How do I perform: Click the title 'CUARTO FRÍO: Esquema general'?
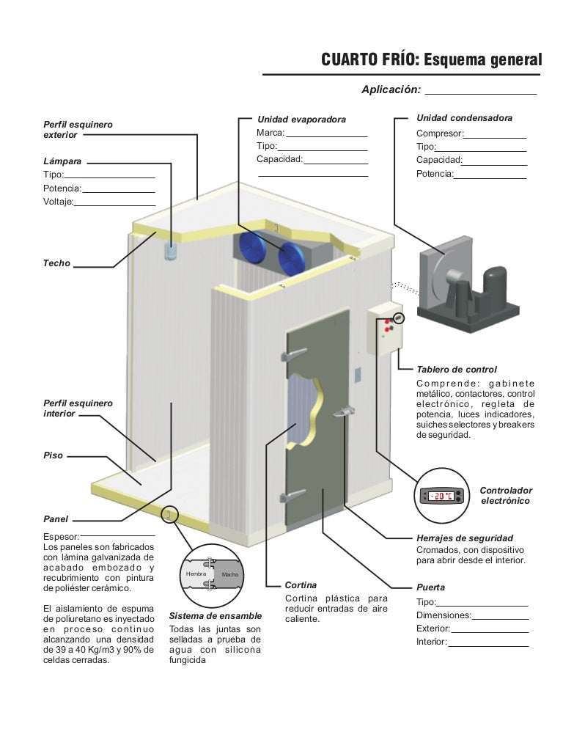point(431,59)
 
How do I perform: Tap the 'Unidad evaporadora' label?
point(301,119)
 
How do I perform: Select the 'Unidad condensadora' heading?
point(464,118)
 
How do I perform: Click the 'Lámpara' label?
point(63,160)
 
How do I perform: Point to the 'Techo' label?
point(56,263)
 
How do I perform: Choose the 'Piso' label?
point(54,455)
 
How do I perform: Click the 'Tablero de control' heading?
point(456,370)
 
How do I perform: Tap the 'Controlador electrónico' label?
point(506,495)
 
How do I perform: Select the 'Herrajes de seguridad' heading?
point(465,538)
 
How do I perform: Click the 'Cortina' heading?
point(301,585)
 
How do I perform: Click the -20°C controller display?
point(441,497)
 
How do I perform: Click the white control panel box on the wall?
point(384,330)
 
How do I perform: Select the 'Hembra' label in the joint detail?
point(196,573)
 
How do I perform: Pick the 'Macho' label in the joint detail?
point(230,574)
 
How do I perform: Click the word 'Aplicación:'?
point(391,89)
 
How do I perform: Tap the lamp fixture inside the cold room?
point(172,251)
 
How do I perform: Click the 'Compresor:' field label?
point(440,133)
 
